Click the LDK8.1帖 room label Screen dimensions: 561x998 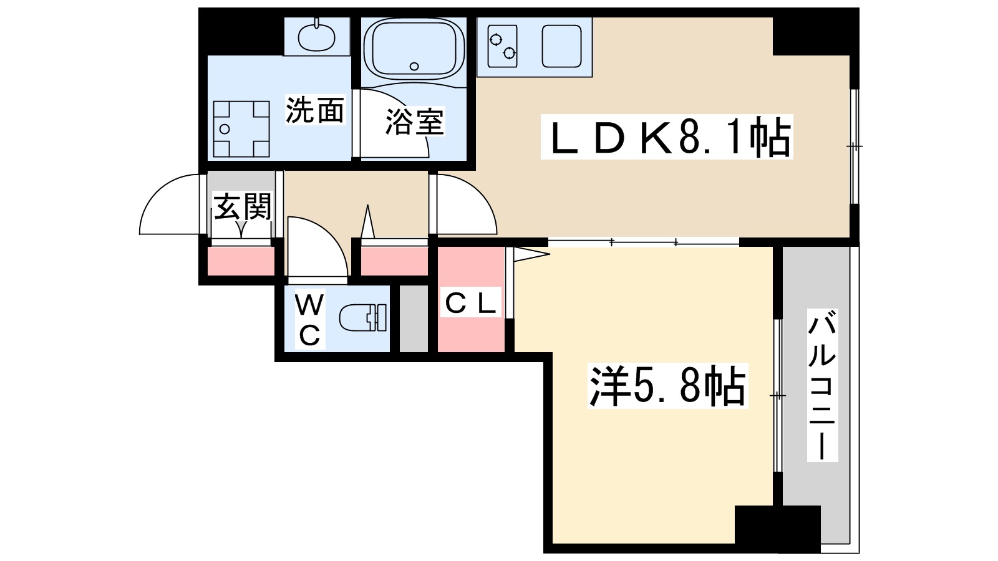click(666, 137)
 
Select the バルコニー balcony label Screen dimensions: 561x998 click(822, 385)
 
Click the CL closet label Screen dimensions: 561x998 click(471, 304)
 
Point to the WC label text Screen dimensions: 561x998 click(309, 320)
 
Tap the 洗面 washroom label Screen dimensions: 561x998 click(315, 110)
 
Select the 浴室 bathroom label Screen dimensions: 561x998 click(414, 122)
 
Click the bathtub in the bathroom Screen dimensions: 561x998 click(414, 48)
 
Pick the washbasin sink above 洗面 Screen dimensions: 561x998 click(316, 37)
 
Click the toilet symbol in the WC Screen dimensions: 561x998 click(364, 318)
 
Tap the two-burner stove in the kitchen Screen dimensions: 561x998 click(503, 46)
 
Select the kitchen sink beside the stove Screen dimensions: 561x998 click(561, 46)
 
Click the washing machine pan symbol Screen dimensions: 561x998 click(241, 129)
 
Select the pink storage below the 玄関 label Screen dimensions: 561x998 click(241, 261)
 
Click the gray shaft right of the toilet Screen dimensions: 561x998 click(414, 319)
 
